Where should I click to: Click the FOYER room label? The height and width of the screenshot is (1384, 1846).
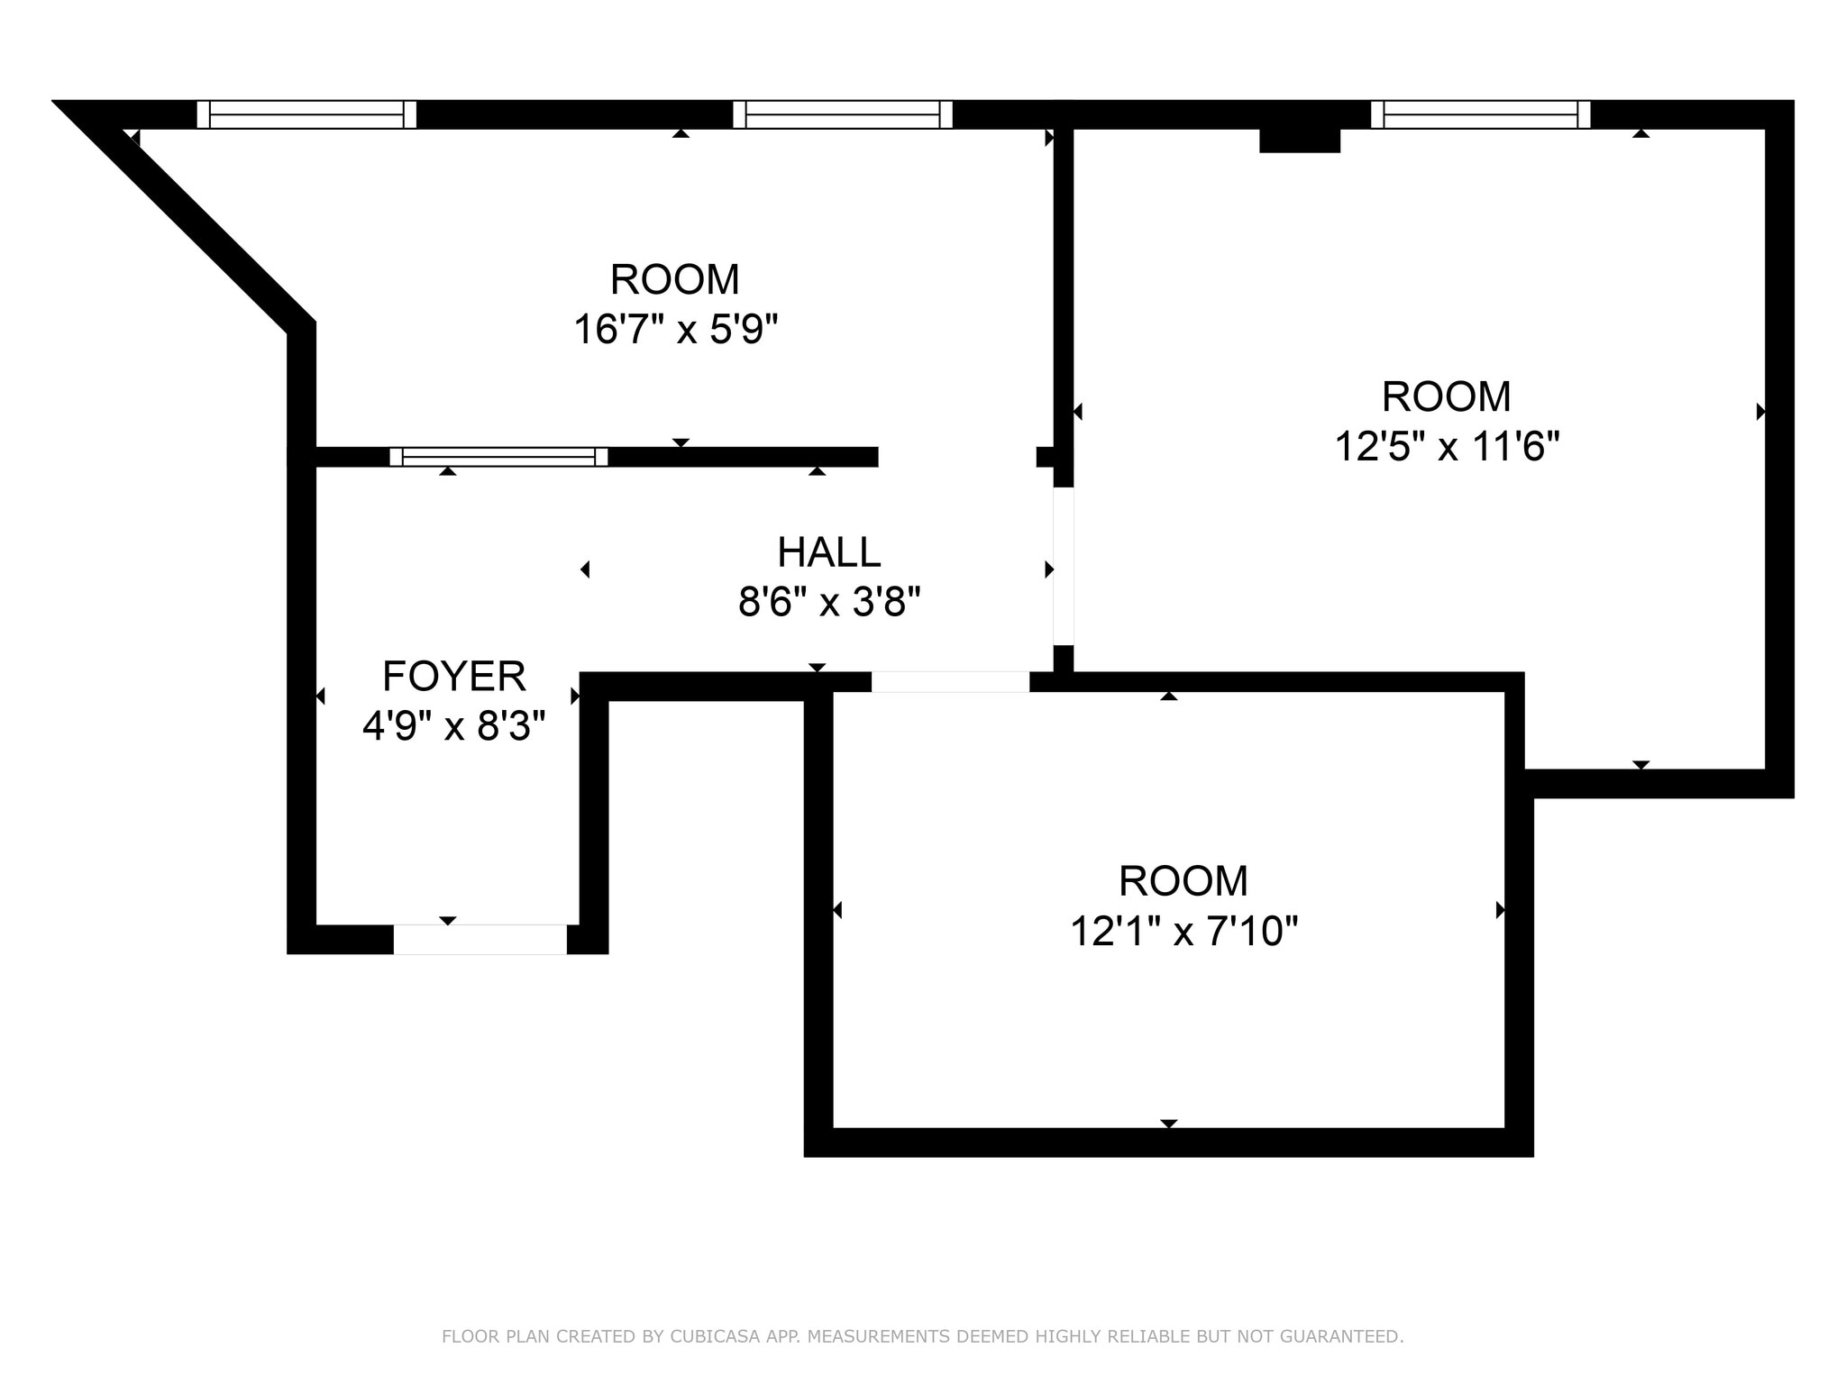coord(453,676)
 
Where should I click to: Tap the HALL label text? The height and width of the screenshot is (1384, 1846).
coord(828,552)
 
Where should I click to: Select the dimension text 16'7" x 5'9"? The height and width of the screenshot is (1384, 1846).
coord(675,330)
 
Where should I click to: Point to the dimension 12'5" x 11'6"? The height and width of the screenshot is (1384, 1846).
coord(1446,446)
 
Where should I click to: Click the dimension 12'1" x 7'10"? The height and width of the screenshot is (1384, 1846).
coord(1183,931)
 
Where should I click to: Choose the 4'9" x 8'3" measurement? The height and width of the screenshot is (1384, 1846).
coord(453,725)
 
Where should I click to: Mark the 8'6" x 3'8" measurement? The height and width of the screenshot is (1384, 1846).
coord(828,602)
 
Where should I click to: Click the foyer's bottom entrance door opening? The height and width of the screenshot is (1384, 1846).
coord(480,939)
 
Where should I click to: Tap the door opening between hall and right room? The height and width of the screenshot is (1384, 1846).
coord(1064,566)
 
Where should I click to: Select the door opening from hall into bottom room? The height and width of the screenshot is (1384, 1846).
coord(950,682)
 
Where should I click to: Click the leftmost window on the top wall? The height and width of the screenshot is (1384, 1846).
coord(306,114)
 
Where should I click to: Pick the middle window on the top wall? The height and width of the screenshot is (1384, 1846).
coord(842,114)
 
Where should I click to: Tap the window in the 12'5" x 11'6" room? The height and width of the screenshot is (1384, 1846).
coord(1480,114)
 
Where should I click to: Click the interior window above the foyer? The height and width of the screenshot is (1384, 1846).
coord(498,457)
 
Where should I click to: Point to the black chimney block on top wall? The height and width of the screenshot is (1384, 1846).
coord(1299,141)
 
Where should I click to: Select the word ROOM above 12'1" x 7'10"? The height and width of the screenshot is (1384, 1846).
coord(1183,881)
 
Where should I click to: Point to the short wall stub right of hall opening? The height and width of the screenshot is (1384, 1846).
coord(1046,457)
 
